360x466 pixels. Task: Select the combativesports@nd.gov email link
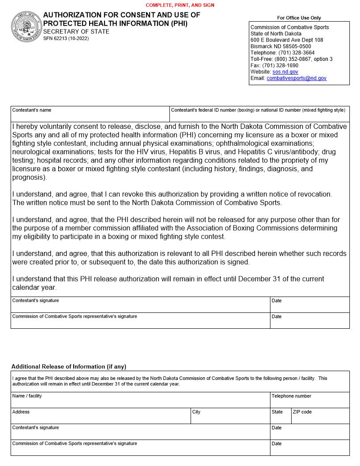pyautogui.click(x=296, y=78)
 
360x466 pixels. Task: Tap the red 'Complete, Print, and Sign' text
pyautogui.click(x=180, y=5)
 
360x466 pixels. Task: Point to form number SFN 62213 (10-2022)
pyautogui.click(x=66, y=39)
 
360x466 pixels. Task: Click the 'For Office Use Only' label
pyautogui.click(x=299, y=18)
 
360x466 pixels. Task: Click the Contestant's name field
pyautogui.click(x=90, y=116)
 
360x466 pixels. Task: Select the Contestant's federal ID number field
pyautogui.click(x=259, y=116)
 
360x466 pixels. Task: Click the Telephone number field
pyautogui.click(x=310, y=402)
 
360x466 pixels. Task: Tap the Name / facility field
pyautogui.click(x=140, y=402)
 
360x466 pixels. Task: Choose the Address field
pyautogui.click(x=101, y=418)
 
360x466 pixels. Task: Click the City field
pyautogui.click(x=230, y=418)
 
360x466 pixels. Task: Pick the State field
pyautogui.click(x=281, y=418)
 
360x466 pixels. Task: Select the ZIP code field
pyautogui.click(x=320, y=418)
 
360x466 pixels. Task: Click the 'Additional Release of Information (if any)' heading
pyautogui.click(x=69, y=367)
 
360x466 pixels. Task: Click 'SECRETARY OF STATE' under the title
pyautogui.click(x=76, y=32)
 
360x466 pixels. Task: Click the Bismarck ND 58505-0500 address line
pyautogui.click(x=281, y=46)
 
